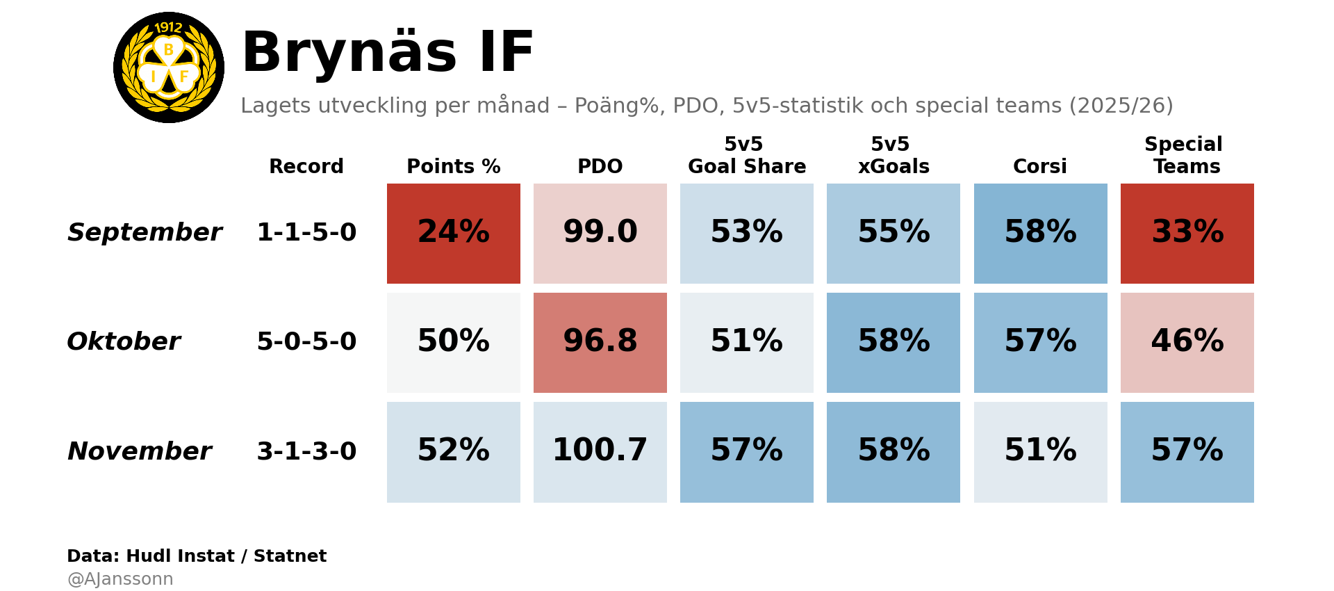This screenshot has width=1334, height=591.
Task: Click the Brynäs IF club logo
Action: [169, 67]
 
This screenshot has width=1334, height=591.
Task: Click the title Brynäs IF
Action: [387, 53]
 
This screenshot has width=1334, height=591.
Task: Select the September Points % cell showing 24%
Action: [453, 233]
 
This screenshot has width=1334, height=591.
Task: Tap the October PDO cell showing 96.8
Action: [600, 342]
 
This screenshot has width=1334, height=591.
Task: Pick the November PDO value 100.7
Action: [600, 451]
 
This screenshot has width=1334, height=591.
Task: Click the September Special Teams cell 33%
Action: [1187, 233]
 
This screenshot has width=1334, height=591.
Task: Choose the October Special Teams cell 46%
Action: [1187, 342]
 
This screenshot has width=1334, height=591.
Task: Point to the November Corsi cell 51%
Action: [1040, 451]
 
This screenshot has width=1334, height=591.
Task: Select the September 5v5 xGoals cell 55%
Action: [893, 233]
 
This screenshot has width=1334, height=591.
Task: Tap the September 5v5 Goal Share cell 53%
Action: [746, 233]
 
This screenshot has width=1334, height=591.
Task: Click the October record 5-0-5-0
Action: [306, 341]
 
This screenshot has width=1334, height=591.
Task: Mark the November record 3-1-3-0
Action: [306, 451]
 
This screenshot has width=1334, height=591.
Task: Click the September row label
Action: [145, 232]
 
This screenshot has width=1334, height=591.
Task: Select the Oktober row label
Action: [124, 341]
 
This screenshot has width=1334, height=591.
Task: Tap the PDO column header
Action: [600, 167]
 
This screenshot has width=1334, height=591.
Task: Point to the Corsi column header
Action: [1039, 167]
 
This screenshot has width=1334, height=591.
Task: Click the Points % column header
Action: [453, 167]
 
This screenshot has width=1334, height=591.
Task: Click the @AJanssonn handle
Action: [120, 579]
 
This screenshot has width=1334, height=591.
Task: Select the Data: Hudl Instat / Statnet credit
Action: [197, 556]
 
